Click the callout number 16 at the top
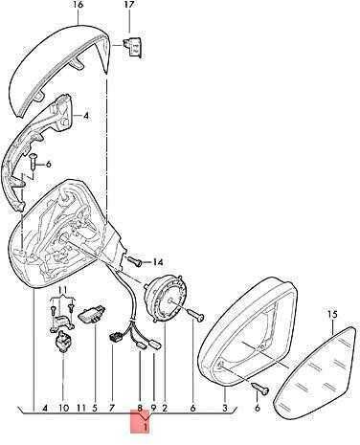coord(78,5)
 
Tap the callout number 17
coord(129,5)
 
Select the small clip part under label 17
coord(133,47)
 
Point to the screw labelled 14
coord(135,261)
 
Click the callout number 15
coord(332,315)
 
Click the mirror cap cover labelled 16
coord(58,70)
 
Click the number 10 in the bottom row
coord(63,408)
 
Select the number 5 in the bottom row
coord(95,408)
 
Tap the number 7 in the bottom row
coord(112,408)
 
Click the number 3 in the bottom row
coord(225,408)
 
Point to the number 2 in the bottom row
coord(165,408)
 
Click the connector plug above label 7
coord(114,338)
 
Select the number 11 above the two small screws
coord(63,290)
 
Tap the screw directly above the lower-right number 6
coord(260,388)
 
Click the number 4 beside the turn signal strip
coord(85,116)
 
